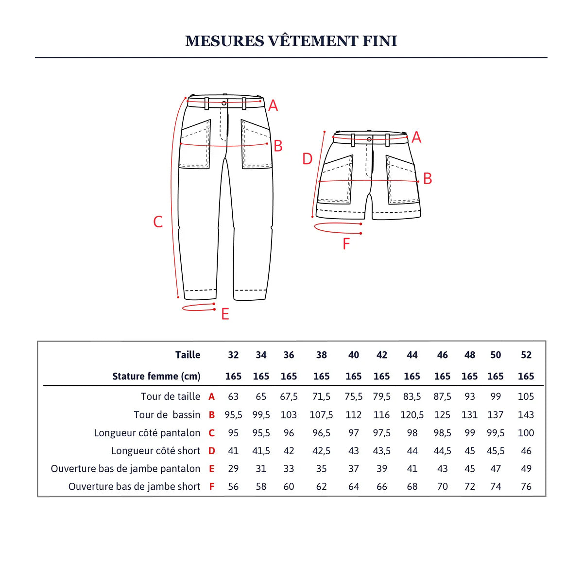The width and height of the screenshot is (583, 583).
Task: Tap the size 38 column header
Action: [321, 355]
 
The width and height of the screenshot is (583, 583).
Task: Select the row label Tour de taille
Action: [171, 396]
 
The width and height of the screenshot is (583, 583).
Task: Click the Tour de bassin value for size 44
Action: [412, 415]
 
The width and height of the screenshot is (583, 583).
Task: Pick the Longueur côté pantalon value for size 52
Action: [526, 433]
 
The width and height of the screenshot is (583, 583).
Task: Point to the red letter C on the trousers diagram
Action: [158, 222]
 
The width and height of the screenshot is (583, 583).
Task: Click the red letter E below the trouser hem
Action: [225, 314]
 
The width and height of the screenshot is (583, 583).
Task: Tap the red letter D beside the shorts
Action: [308, 159]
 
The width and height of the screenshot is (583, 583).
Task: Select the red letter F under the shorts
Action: [346, 244]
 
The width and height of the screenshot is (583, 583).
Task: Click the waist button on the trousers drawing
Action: [224, 103]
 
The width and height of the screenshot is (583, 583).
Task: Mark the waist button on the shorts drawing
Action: [369, 139]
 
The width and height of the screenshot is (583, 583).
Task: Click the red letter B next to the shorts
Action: [428, 179]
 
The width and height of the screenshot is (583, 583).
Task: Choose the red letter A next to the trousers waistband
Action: [273, 105]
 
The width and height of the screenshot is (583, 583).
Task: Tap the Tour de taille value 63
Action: [233, 396]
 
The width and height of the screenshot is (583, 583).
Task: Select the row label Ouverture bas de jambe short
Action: [134, 486]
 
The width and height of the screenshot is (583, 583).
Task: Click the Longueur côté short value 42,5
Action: [321, 451]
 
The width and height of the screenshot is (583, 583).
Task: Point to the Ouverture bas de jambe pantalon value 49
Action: [526, 469]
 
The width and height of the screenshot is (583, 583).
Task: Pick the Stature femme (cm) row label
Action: [156, 377]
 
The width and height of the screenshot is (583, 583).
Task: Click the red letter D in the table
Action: [212, 451]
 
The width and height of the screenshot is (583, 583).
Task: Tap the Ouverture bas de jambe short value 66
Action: [382, 486]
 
